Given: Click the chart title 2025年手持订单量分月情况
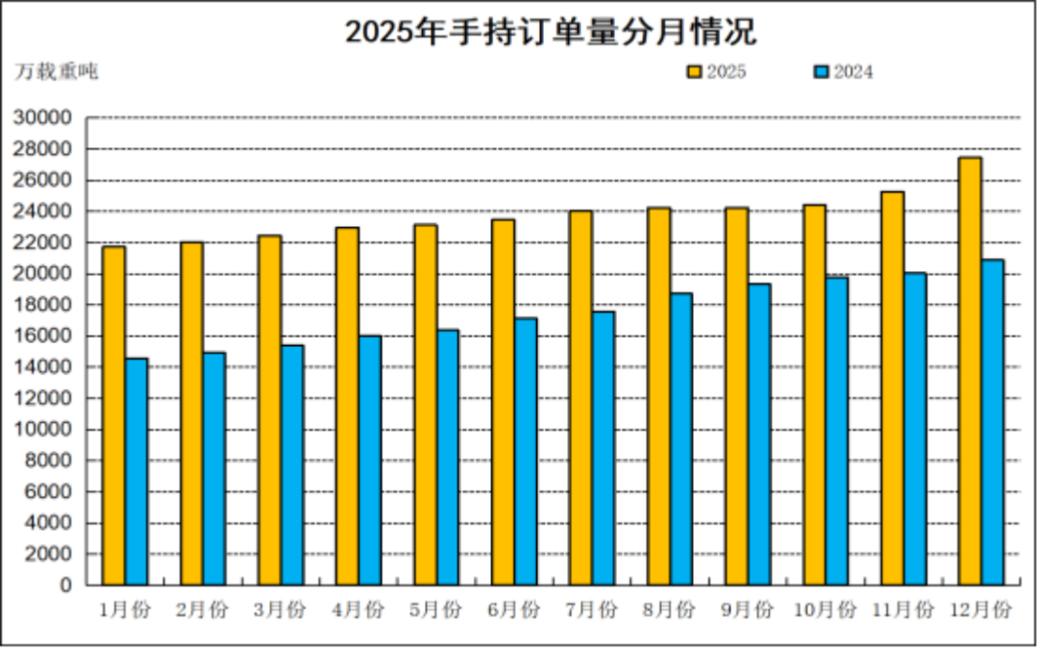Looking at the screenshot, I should (550, 31).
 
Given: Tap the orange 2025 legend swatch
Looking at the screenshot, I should (695, 72).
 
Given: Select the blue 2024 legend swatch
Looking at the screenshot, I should (821, 72).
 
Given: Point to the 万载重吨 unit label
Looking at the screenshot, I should (57, 71).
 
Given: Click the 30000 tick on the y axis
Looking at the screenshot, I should (44, 118).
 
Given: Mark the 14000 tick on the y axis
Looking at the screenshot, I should (44, 367).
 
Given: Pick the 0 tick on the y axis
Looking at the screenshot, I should (65, 585).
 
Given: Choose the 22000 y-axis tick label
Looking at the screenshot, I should (44, 242).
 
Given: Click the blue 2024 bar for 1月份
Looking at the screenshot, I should (136, 471).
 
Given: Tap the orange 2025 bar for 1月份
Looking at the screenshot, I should (113, 415).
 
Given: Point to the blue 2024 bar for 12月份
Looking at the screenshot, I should (992, 422).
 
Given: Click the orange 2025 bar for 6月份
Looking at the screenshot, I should (503, 402).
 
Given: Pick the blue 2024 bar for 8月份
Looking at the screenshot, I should (681, 438).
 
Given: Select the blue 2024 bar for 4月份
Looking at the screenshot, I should (370, 460).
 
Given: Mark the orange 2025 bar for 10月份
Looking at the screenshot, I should (814, 394).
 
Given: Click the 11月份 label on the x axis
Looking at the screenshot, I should (902, 611).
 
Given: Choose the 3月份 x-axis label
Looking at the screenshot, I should (280, 611).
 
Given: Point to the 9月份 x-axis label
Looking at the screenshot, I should (747, 611).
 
